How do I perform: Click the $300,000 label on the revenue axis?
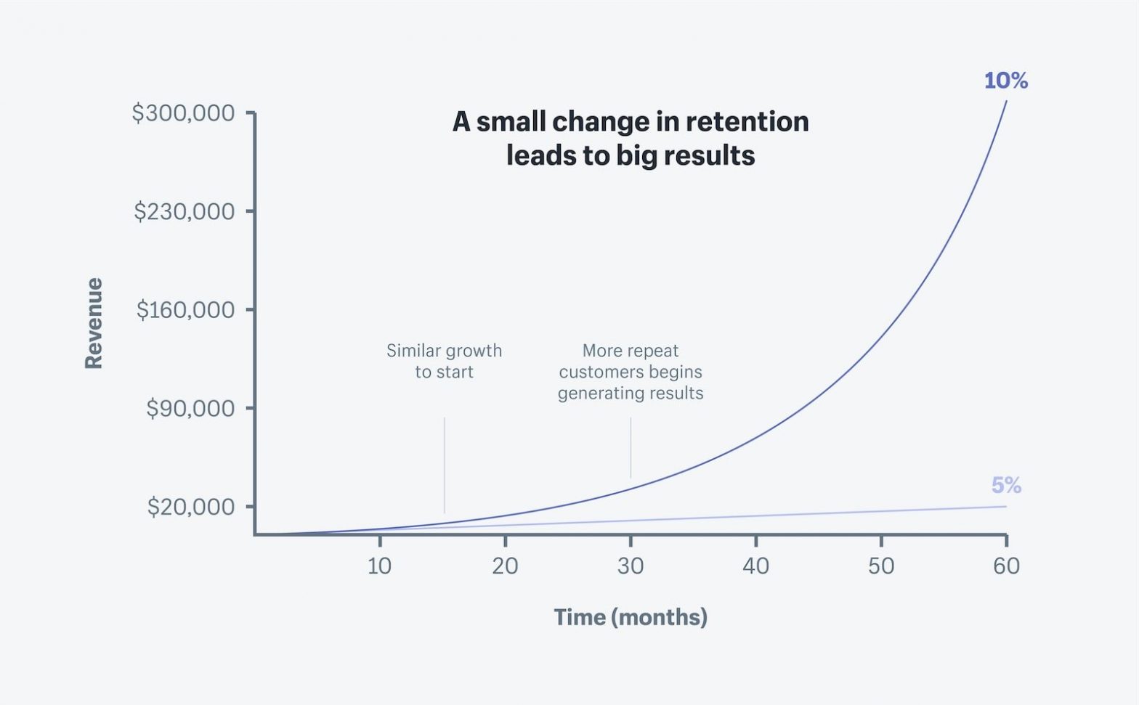183,113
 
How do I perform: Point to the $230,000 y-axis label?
185,211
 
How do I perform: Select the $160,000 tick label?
185,310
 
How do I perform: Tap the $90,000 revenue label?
190,408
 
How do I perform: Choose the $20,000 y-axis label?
191,507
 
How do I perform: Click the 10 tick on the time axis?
379,566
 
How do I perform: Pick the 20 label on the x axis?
505,566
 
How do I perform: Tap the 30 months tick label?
631,566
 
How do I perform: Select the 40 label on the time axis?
755,566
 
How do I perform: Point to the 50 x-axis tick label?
881,566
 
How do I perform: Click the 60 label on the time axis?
1006,566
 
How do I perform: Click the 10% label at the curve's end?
1005,81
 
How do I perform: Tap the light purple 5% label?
1006,485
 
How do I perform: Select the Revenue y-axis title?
94,323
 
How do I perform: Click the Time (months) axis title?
631,617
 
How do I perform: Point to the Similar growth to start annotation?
444,362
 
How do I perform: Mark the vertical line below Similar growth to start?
445,465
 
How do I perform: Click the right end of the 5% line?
1005,507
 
